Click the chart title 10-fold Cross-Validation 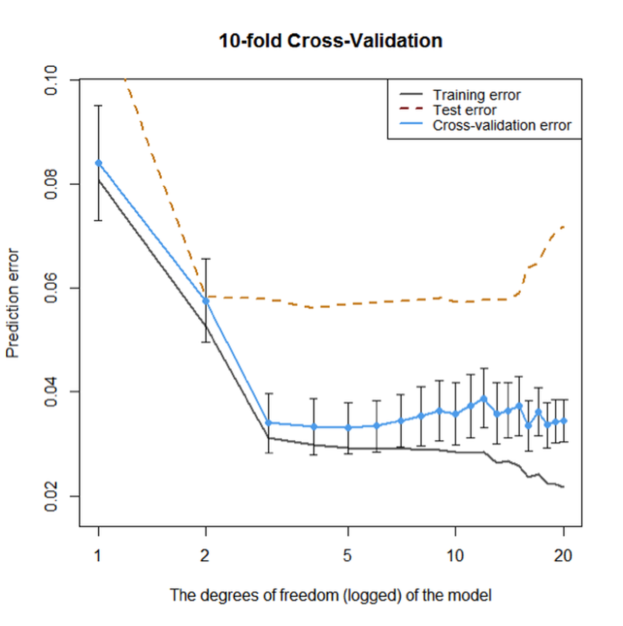coord(330,41)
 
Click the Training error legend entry coord(476,95)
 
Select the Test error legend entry coord(464,110)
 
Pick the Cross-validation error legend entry coord(501,125)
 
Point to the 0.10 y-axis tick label coord(51,80)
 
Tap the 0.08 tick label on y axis coord(51,184)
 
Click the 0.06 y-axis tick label coord(51,288)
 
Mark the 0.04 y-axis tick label coord(51,392)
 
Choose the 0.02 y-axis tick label coord(51,496)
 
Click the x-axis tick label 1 coord(98,556)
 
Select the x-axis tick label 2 coord(205,556)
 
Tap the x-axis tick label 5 coord(348,556)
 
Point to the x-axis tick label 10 coord(455,556)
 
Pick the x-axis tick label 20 coord(563,556)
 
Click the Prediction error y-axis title coord(13,303)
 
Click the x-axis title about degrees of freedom coord(330,595)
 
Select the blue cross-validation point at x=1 coord(99,163)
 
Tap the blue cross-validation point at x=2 coord(206,301)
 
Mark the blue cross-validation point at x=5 coord(348,428)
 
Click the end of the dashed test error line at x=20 coord(563,227)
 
